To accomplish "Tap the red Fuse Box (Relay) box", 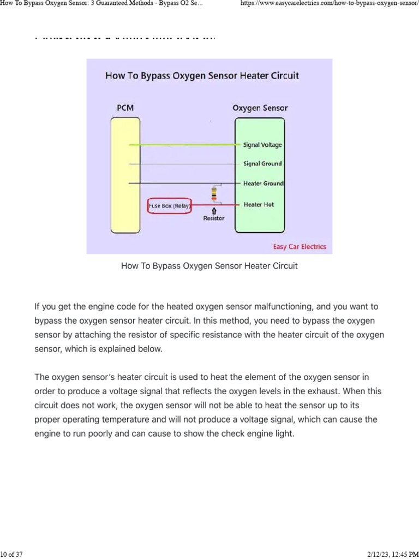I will pos(169,206).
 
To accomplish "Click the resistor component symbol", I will pos(214,193).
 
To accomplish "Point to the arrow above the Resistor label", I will pos(214,210).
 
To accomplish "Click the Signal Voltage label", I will pos(262,145).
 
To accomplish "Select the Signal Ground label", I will pos(262,164).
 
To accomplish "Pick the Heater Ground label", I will pos(263,183).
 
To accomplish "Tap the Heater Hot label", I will pos(259,205).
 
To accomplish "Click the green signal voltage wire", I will pos(185,145).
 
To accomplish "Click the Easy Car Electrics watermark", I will pos(300,247).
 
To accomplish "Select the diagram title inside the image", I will pos(202,76).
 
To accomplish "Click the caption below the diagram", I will pos(209,266).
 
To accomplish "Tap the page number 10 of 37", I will pos(12,555).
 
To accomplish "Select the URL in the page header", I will pos(330,4).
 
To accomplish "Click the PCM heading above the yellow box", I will pos(125,108).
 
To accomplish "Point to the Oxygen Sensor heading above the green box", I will pos(260,108).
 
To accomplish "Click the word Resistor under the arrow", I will pos(214,218).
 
